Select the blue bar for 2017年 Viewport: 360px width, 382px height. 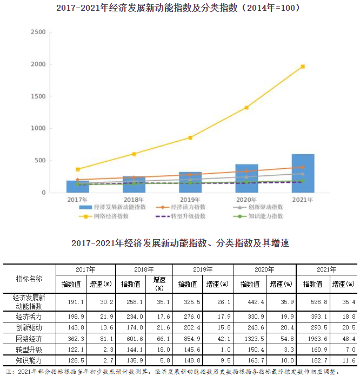77,187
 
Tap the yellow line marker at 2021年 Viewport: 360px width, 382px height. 303,67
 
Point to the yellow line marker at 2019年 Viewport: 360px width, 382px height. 190,138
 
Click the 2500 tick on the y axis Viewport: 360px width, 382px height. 38,32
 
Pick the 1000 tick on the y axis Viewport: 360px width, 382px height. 38,128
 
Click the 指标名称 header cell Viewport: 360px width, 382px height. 29,278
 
